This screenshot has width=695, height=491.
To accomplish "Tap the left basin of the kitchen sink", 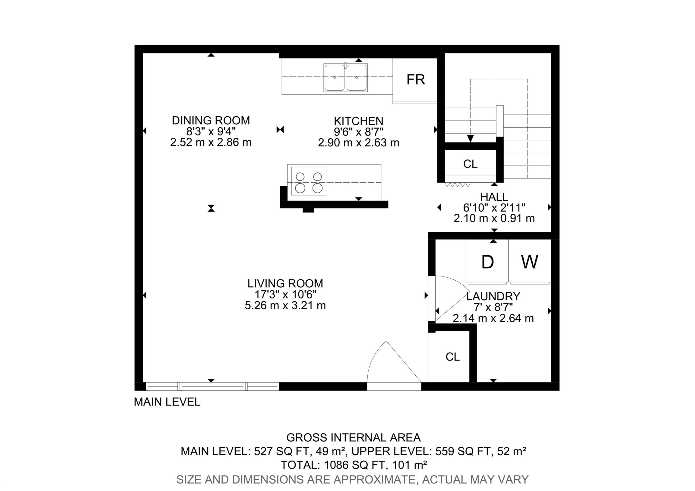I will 335,77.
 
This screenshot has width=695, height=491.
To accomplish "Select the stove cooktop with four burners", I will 308,181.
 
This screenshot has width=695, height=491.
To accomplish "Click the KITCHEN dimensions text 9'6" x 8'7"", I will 358,132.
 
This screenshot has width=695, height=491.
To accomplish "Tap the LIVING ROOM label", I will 285,283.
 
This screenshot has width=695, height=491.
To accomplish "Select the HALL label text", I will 494,197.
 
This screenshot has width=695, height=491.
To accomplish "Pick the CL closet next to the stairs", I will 470,164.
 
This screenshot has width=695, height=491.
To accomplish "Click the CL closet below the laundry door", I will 452,357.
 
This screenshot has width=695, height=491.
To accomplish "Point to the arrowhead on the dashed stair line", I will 470,139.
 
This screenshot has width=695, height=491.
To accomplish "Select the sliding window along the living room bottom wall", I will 212,386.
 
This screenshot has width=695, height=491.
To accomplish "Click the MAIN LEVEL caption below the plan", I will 167,402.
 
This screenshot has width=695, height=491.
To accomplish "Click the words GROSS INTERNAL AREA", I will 353,437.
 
